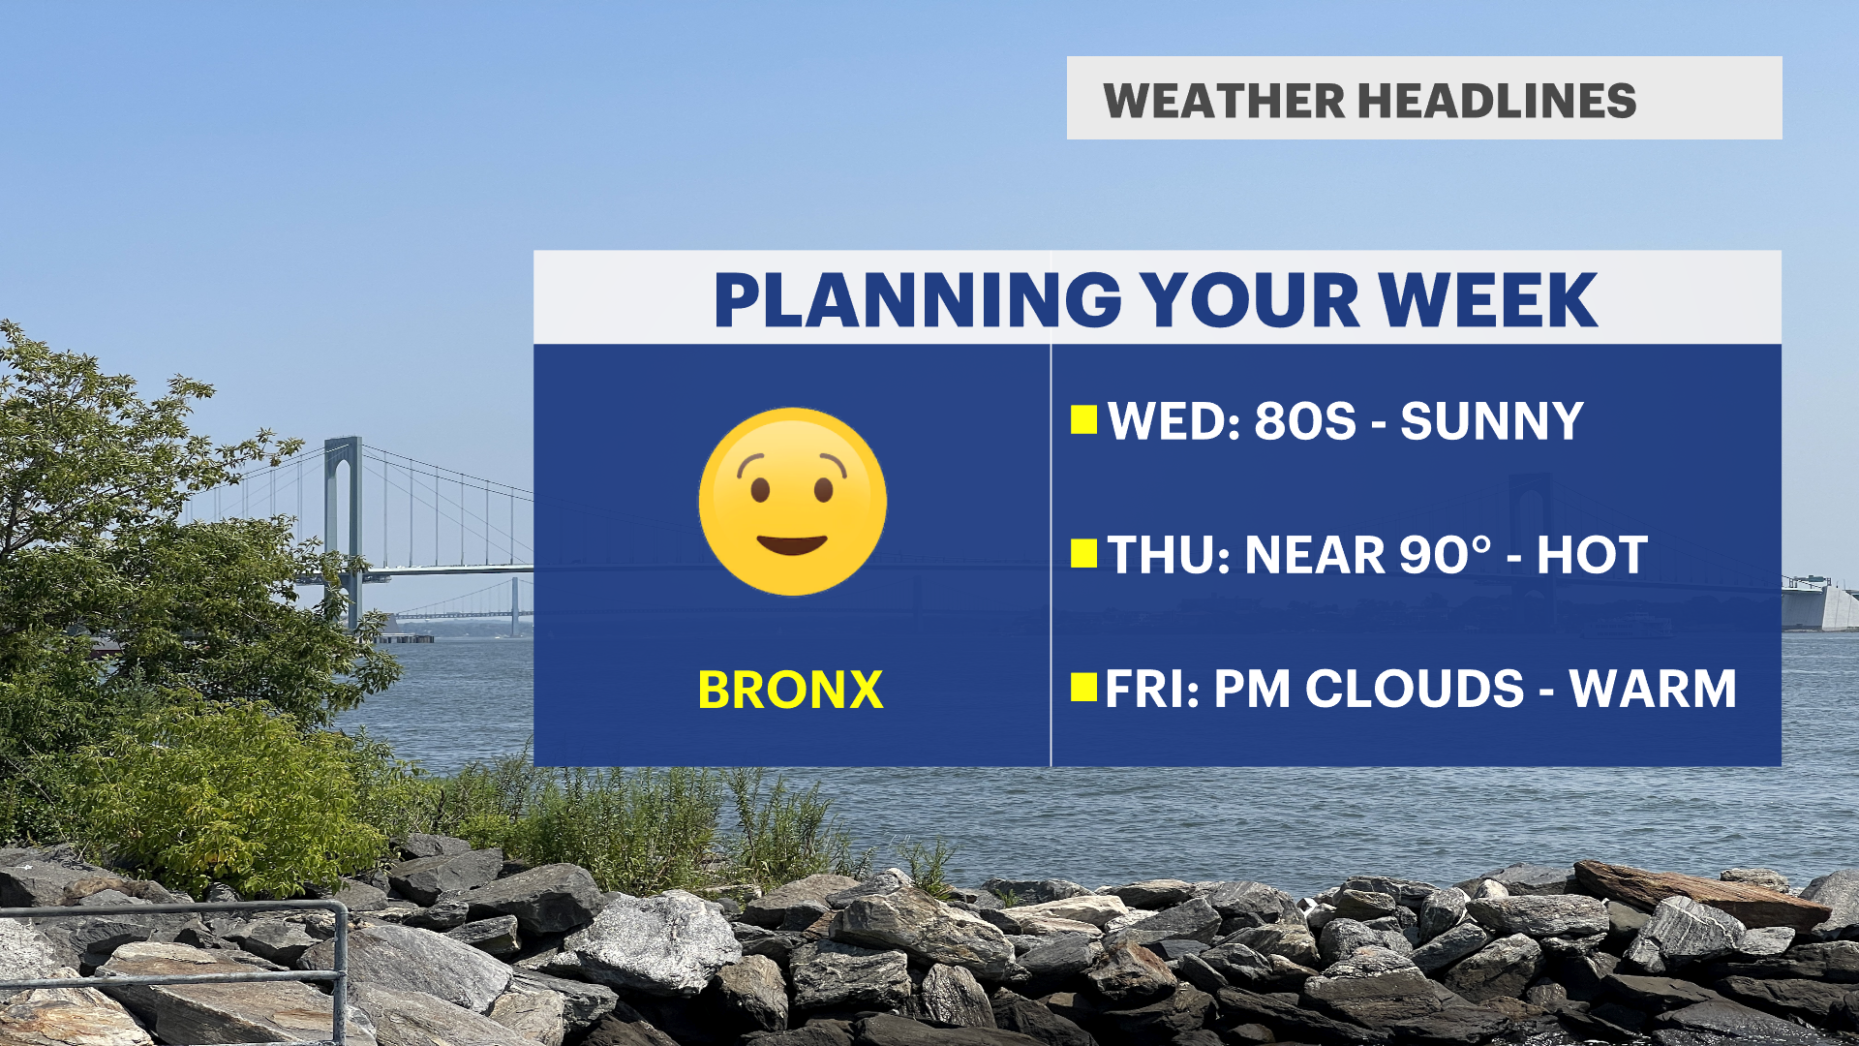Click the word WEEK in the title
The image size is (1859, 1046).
pyautogui.click(x=1488, y=300)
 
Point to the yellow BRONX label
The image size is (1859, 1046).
pyautogui.click(x=790, y=691)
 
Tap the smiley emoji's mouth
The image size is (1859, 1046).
pyautogui.click(x=792, y=544)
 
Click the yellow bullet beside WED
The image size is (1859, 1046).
pyautogui.click(x=1083, y=420)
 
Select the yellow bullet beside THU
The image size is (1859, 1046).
pyautogui.click(x=1083, y=554)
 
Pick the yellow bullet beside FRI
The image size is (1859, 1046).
pyautogui.click(x=1083, y=688)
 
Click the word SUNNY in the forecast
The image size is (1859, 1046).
pyautogui.click(x=1492, y=421)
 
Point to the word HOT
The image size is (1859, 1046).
pyautogui.click(x=1592, y=555)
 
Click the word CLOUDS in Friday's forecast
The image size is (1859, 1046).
pyautogui.click(x=1415, y=690)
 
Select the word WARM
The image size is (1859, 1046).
pyautogui.click(x=1653, y=690)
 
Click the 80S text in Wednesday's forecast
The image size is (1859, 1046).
pyautogui.click(x=1305, y=421)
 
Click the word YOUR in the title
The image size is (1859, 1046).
pyautogui.click(x=1250, y=300)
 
